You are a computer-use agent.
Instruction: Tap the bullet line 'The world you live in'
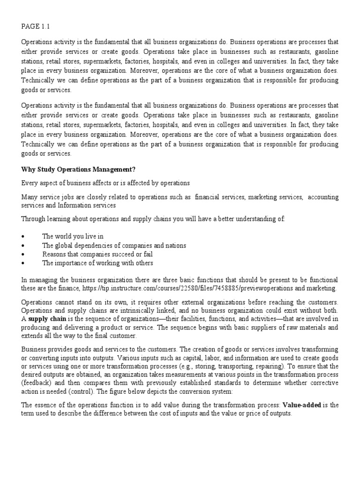73,236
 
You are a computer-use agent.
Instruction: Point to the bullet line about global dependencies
114,245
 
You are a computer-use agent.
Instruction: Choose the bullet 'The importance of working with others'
97,263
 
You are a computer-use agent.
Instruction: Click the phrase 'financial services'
219,196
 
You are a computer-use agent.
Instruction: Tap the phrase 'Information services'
88,205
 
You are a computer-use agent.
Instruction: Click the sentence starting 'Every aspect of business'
105,183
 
